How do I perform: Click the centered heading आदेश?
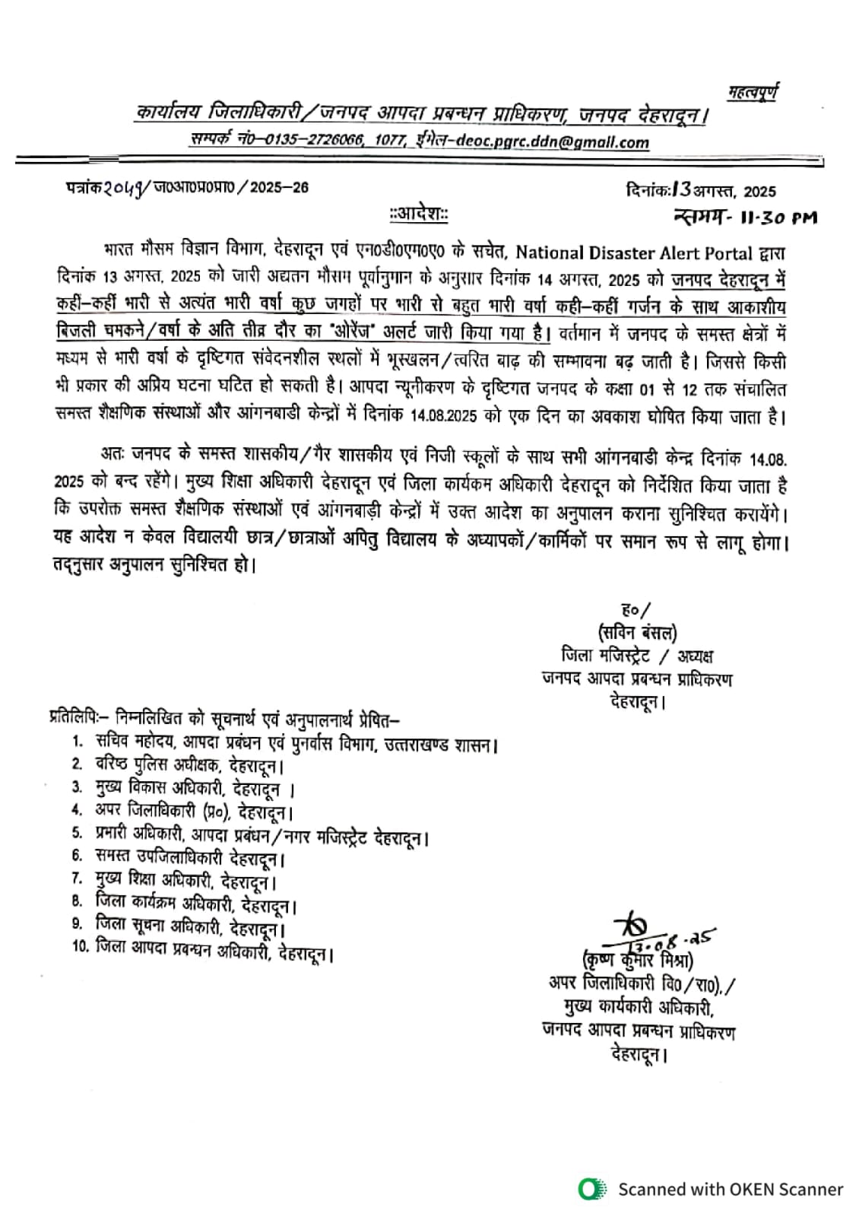pos(418,214)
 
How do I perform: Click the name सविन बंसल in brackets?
pos(637,632)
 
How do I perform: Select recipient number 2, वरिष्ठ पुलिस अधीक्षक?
pos(189,765)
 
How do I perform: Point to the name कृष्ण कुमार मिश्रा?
pos(637,960)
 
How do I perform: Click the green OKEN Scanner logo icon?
pos(591,1189)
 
